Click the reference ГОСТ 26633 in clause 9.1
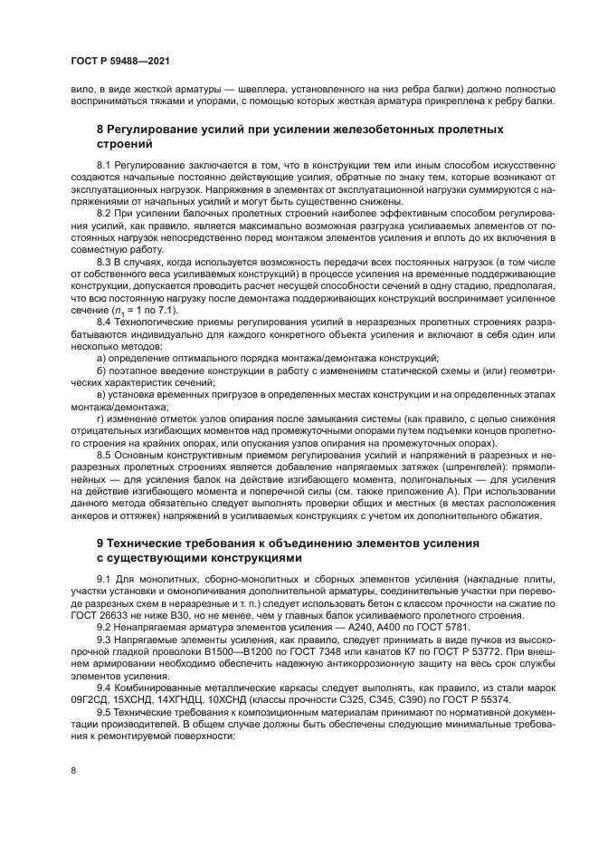click(101, 613)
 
